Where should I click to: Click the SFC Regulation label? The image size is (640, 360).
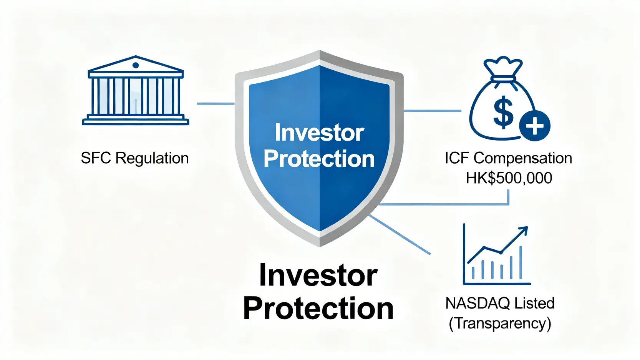click(135, 158)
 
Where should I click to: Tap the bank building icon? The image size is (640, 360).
click(136, 90)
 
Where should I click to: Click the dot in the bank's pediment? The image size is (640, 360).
click(136, 65)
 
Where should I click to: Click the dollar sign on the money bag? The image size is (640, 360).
click(503, 112)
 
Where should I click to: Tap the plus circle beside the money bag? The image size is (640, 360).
click(535, 126)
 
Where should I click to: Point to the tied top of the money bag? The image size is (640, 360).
click(503, 68)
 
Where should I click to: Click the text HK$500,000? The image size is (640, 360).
click(509, 178)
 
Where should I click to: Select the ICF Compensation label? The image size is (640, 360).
click(508, 158)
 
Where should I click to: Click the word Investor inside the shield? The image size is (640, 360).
click(319, 133)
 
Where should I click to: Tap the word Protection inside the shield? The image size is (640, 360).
click(319, 159)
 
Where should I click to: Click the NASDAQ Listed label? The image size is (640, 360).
click(500, 303)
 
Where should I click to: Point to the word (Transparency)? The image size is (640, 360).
click(500, 324)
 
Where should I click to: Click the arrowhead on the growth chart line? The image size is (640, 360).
click(524, 230)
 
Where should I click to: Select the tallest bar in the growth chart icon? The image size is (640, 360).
click(521, 262)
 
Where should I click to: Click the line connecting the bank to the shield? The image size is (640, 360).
click(216, 104)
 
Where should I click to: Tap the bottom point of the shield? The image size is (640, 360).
click(320, 246)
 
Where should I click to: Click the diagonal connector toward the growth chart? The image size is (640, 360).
click(400, 235)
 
